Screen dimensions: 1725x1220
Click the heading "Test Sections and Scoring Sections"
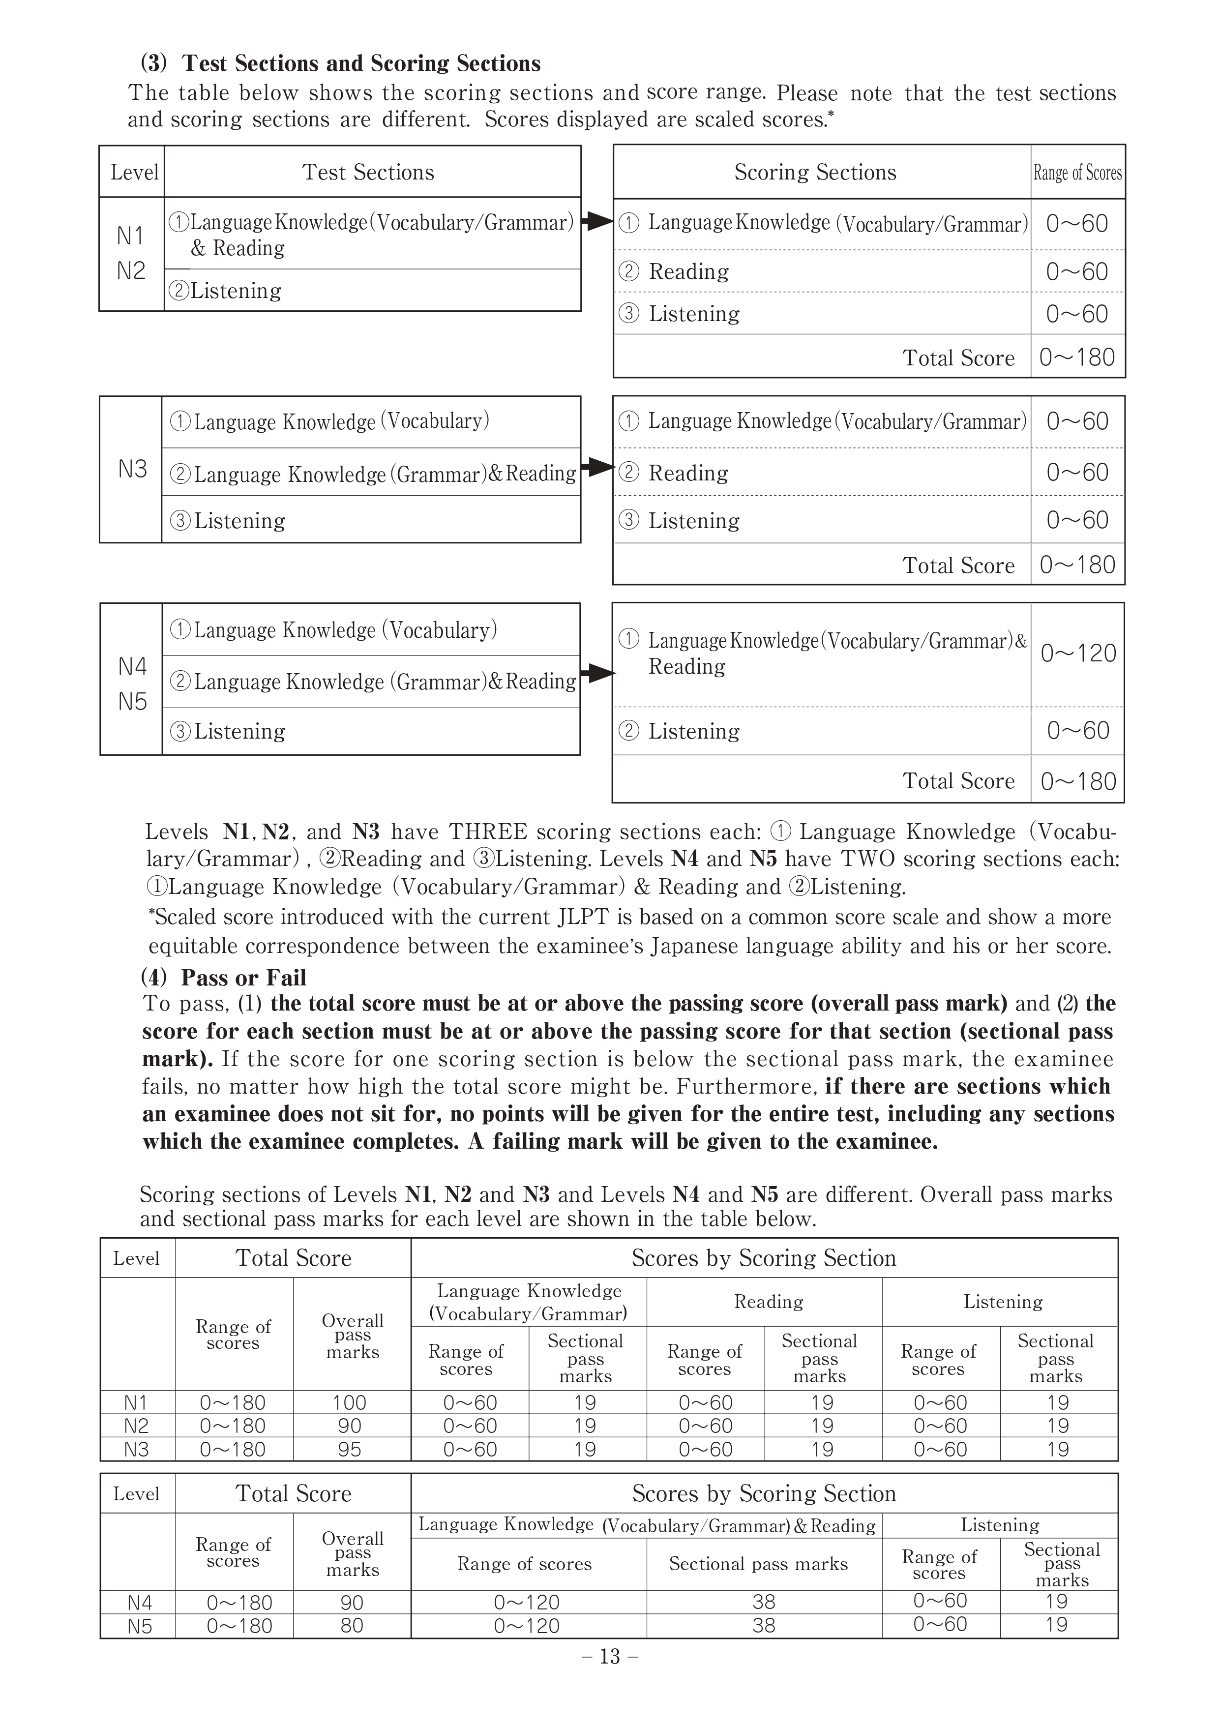[360, 63]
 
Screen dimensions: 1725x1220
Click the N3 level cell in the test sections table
[132, 469]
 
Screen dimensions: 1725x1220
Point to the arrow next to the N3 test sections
[598, 467]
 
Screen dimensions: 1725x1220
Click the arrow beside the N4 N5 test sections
[598, 673]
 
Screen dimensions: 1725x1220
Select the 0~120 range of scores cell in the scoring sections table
[1078, 653]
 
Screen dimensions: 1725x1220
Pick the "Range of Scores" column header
[1077, 173]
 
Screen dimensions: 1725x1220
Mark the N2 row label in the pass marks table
[136, 1425]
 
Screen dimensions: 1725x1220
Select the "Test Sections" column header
[368, 172]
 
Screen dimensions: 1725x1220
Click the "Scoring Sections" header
[815, 172]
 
